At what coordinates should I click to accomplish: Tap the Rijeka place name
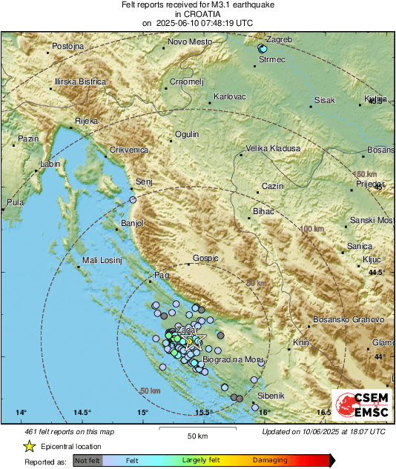(x=86, y=121)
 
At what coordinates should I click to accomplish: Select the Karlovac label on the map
(x=229, y=97)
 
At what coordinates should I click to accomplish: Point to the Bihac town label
(x=263, y=212)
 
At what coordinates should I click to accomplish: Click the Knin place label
(x=301, y=342)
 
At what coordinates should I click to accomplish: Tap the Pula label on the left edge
(x=15, y=202)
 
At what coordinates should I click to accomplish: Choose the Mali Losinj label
(x=100, y=260)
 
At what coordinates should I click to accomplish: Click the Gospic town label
(x=205, y=259)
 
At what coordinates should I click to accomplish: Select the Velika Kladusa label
(x=273, y=148)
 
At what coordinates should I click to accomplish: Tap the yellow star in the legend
(x=29, y=446)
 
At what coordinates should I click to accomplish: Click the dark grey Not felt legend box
(x=88, y=460)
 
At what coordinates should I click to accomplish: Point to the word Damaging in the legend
(x=270, y=460)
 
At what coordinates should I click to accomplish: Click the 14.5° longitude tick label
(x=82, y=413)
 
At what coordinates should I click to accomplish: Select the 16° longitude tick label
(x=264, y=413)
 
